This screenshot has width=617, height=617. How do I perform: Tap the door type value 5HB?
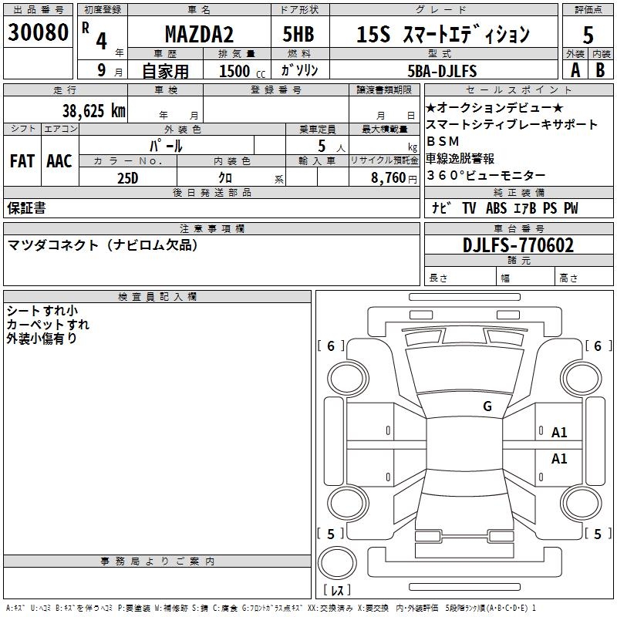[298, 34]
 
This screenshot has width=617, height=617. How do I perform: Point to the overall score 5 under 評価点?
[588, 35]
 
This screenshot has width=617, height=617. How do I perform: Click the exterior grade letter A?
[574, 69]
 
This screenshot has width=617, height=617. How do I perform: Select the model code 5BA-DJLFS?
[442, 71]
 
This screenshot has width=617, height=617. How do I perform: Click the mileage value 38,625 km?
[94, 110]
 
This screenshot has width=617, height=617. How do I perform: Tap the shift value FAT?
[22, 161]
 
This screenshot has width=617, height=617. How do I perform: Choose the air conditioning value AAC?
[59, 161]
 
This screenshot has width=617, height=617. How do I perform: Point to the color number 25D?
[127, 177]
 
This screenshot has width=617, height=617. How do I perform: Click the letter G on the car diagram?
[487, 406]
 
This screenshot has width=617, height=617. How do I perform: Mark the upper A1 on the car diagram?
[559, 433]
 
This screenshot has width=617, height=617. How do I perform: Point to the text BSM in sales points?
[442, 141]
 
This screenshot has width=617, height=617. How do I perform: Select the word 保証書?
[26, 208]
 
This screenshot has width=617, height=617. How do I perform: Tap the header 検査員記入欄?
[157, 297]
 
